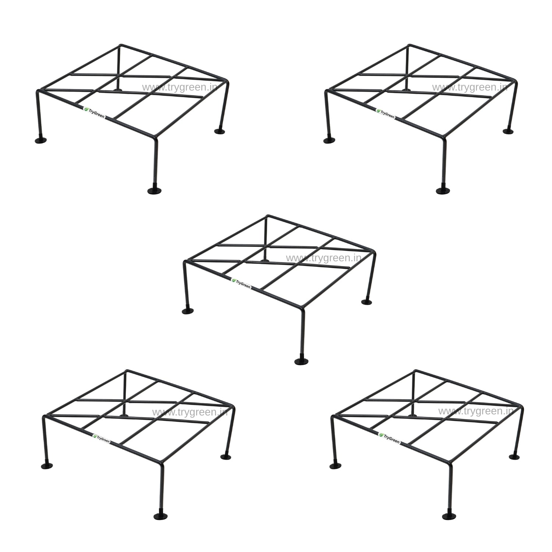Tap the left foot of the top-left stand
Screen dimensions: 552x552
[x=41, y=140]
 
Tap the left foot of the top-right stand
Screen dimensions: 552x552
[x=329, y=140]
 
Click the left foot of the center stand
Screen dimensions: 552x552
[x=188, y=311]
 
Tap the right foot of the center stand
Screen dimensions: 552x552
[x=367, y=301]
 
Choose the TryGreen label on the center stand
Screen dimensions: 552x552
[x=241, y=283]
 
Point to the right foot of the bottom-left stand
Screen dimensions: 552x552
[x=226, y=456]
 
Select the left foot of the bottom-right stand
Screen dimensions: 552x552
[x=336, y=466]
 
